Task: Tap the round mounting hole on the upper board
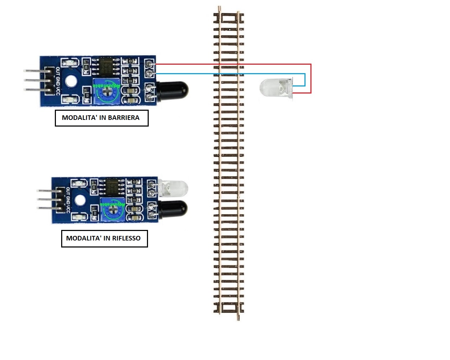(x=71, y=81)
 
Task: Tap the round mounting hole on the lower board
(x=80, y=200)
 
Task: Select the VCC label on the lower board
(x=68, y=209)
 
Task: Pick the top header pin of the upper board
(x=35, y=71)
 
